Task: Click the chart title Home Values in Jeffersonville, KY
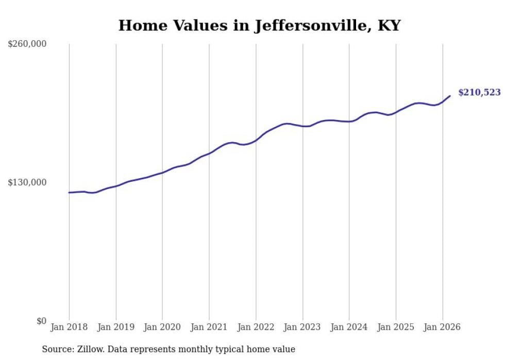pyautogui.click(x=259, y=25)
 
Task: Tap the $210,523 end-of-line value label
pyautogui.click(x=479, y=93)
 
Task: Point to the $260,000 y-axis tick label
pyautogui.click(x=27, y=44)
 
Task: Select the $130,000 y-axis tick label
pyautogui.click(x=27, y=183)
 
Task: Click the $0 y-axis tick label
pyautogui.click(x=41, y=321)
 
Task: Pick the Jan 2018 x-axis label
pyautogui.click(x=69, y=327)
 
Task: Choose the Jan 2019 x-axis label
pyautogui.click(x=116, y=327)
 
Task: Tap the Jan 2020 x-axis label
pyautogui.click(x=162, y=327)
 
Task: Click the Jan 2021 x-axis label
pyautogui.click(x=209, y=327)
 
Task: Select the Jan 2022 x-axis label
pyautogui.click(x=256, y=327)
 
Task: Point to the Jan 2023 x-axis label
pyautogui.click(x=302, y=327)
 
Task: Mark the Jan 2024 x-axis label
pyautogui.click(x=349, y=327)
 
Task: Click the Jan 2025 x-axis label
pyautogui.click(x=396, y=327)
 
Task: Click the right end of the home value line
pyautogui.click(x=450, y=96)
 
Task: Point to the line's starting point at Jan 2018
pyautogui.click(x=69, y=193)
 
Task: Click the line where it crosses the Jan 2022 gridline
pyautogui.click(x=256, y=140)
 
